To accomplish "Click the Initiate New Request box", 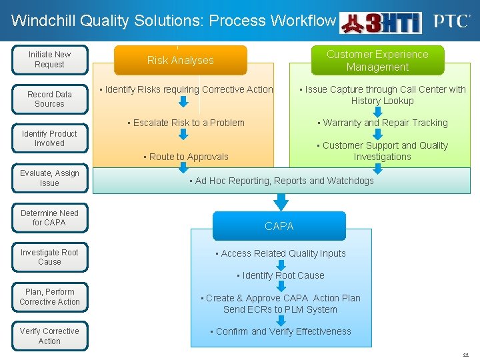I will [x=49, y=59].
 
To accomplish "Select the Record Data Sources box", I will [x=49, y=99].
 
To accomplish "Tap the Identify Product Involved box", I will [x=49, y=139].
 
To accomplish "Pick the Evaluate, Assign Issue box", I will [x=49, y=178].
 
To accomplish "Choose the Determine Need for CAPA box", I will [x=49, y=218].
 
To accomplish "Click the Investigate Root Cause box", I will [x=49, y=257].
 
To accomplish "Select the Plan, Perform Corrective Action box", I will [x=49, y=297].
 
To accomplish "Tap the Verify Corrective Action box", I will [x=49, y=336].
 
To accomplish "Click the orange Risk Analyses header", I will [x=180, y=60].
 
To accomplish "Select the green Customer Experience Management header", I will [x=377, y=60].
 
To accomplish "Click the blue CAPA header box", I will [x=279, y=226].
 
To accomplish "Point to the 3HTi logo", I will [x=381, y=23].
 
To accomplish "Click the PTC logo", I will [x=451, y=21].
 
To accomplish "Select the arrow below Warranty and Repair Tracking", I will [x=377, y=134].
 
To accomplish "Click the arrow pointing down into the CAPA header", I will [x=282, y=201].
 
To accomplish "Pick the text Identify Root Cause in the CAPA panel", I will [x=283, y=275].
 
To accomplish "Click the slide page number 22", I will [x=466, y=355].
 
